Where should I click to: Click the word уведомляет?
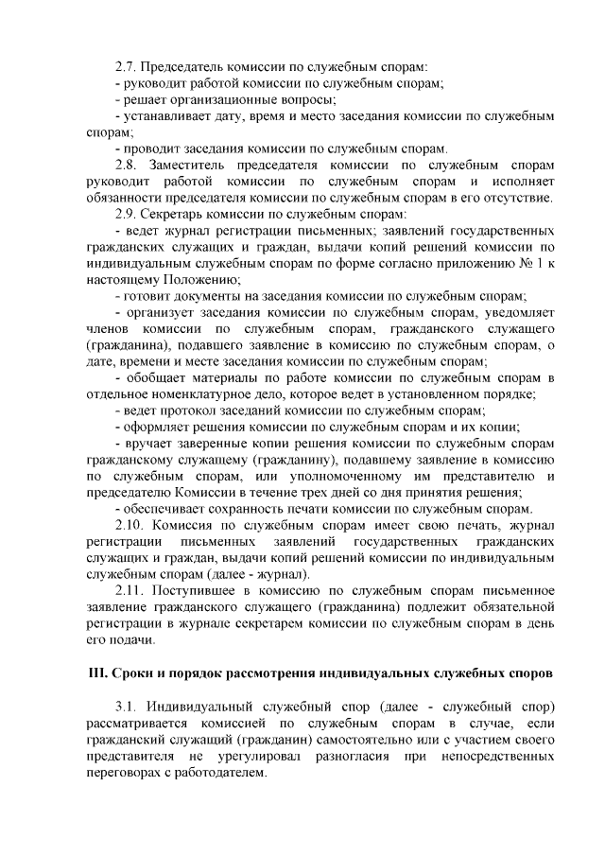coord(511,312)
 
